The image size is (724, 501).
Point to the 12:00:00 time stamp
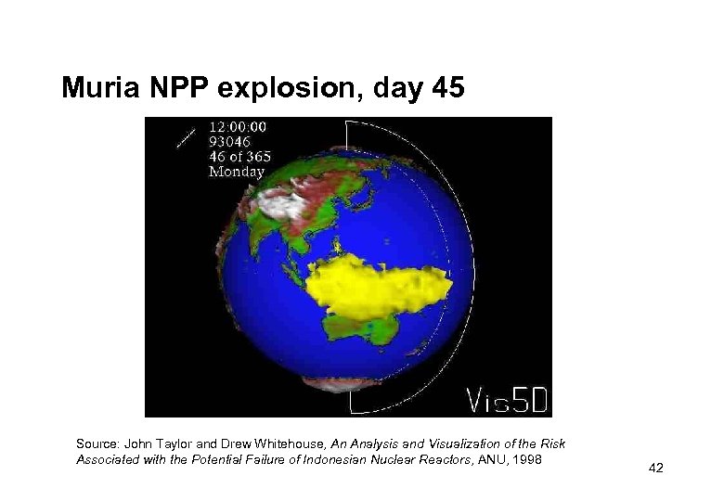click(239, 126)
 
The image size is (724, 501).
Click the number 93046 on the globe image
click(231, 141)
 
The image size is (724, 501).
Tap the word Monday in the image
click(237, 171)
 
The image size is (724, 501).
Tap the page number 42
click(656, 469)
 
